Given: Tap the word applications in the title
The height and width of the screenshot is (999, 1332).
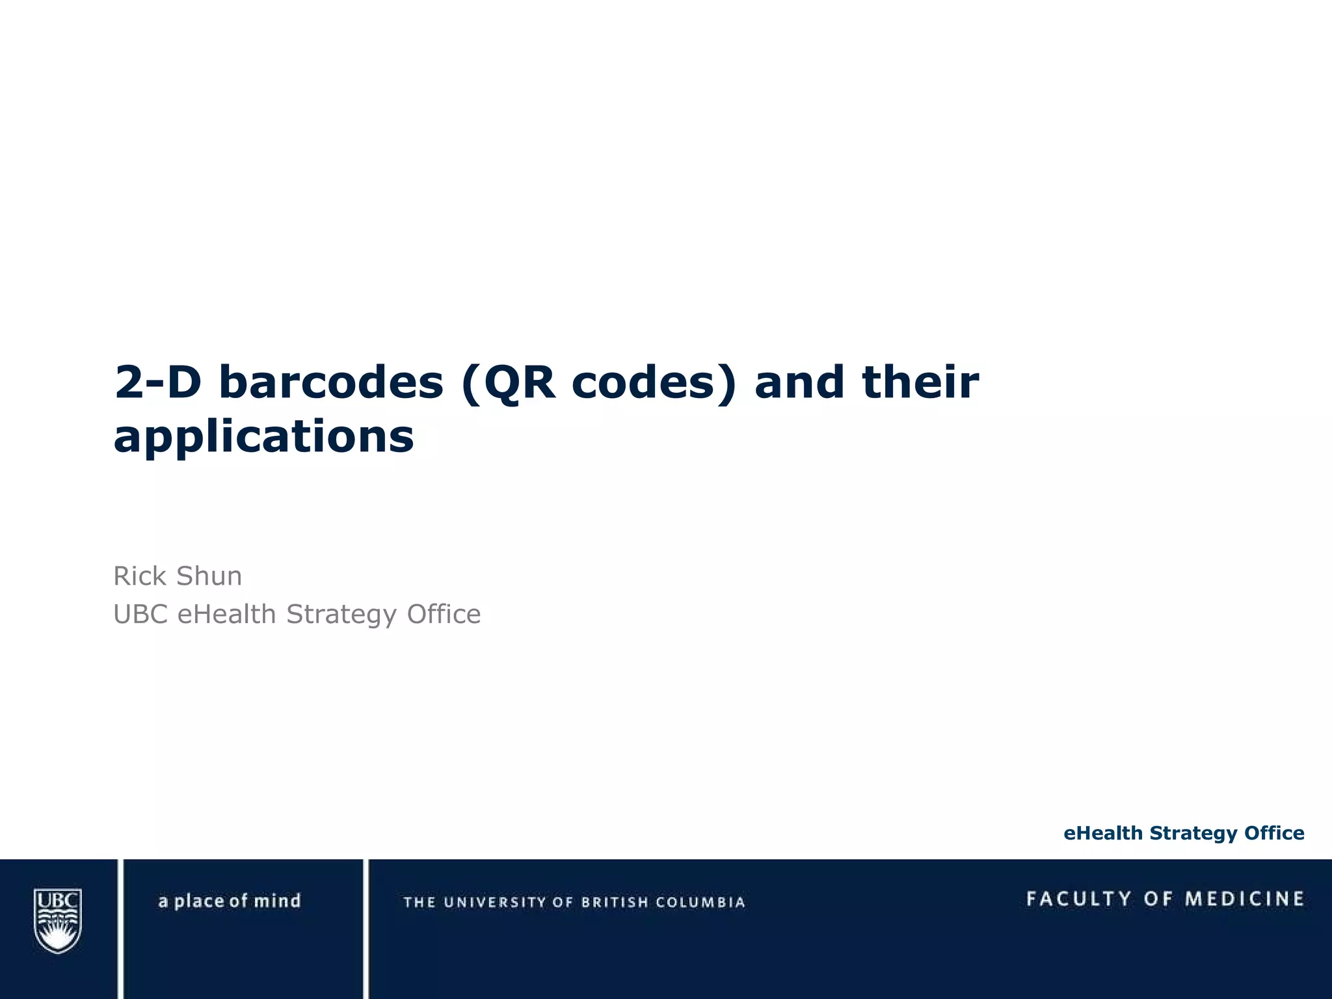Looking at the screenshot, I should click(263, 436).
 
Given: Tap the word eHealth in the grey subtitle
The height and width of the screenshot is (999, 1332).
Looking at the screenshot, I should click(226, 614).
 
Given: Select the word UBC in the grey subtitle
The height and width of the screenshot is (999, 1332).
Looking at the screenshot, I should click(140, 614).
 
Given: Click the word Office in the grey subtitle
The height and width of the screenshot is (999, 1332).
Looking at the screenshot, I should click(444, 614).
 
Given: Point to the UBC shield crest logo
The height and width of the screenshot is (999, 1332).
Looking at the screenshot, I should click(58, 920).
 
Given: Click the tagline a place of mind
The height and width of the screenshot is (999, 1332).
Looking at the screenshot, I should click(229, 901).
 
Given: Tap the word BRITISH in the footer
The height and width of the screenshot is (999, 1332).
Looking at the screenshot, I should click(615, 902).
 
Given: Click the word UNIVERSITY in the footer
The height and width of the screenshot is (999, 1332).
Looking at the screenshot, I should click(495, 902).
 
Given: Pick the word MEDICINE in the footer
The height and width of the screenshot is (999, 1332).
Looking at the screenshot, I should click(1244, 899).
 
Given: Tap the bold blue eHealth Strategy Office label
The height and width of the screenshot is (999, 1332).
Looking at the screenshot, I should click(1184, 833).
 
